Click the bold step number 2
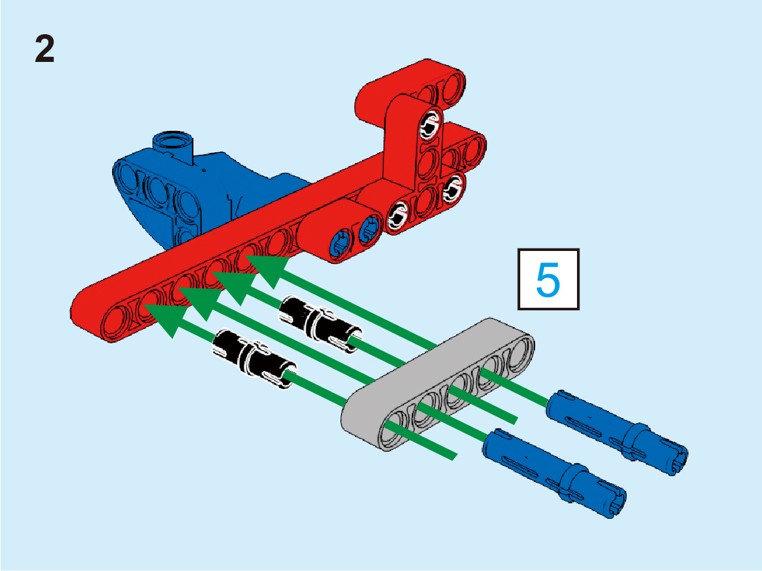[44, 49]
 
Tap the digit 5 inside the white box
[548, 279]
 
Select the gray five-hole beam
[438, 385]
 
